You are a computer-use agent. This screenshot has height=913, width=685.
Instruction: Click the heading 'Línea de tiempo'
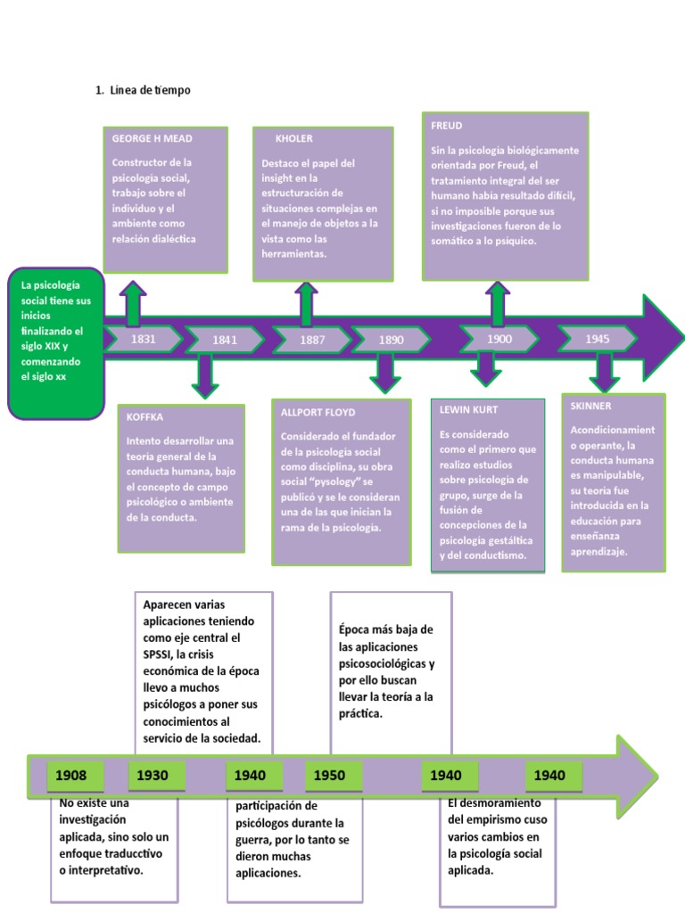149,90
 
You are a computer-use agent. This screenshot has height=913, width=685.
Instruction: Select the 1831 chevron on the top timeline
143,339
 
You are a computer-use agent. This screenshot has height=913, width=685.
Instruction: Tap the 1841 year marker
224,340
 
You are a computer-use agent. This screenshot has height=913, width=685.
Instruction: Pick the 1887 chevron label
311,340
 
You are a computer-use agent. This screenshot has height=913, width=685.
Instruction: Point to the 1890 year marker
391,340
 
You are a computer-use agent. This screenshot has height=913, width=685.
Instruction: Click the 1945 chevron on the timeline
598,339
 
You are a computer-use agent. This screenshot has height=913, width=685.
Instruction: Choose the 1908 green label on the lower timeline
71,776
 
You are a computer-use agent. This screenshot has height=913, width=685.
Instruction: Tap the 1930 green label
153,776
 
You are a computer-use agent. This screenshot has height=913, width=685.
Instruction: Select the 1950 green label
329,776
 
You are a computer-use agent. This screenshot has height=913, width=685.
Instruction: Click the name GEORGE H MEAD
152,139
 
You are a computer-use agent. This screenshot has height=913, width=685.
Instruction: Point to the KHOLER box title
294,139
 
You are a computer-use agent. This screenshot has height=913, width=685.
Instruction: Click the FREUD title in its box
446,126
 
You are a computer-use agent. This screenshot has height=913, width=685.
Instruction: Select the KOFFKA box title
144,416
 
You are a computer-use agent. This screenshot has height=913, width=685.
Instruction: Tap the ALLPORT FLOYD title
318,413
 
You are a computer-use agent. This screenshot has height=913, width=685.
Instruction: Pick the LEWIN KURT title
467,409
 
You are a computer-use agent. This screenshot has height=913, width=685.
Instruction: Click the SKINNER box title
590,406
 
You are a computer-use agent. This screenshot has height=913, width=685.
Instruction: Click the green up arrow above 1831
133,303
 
